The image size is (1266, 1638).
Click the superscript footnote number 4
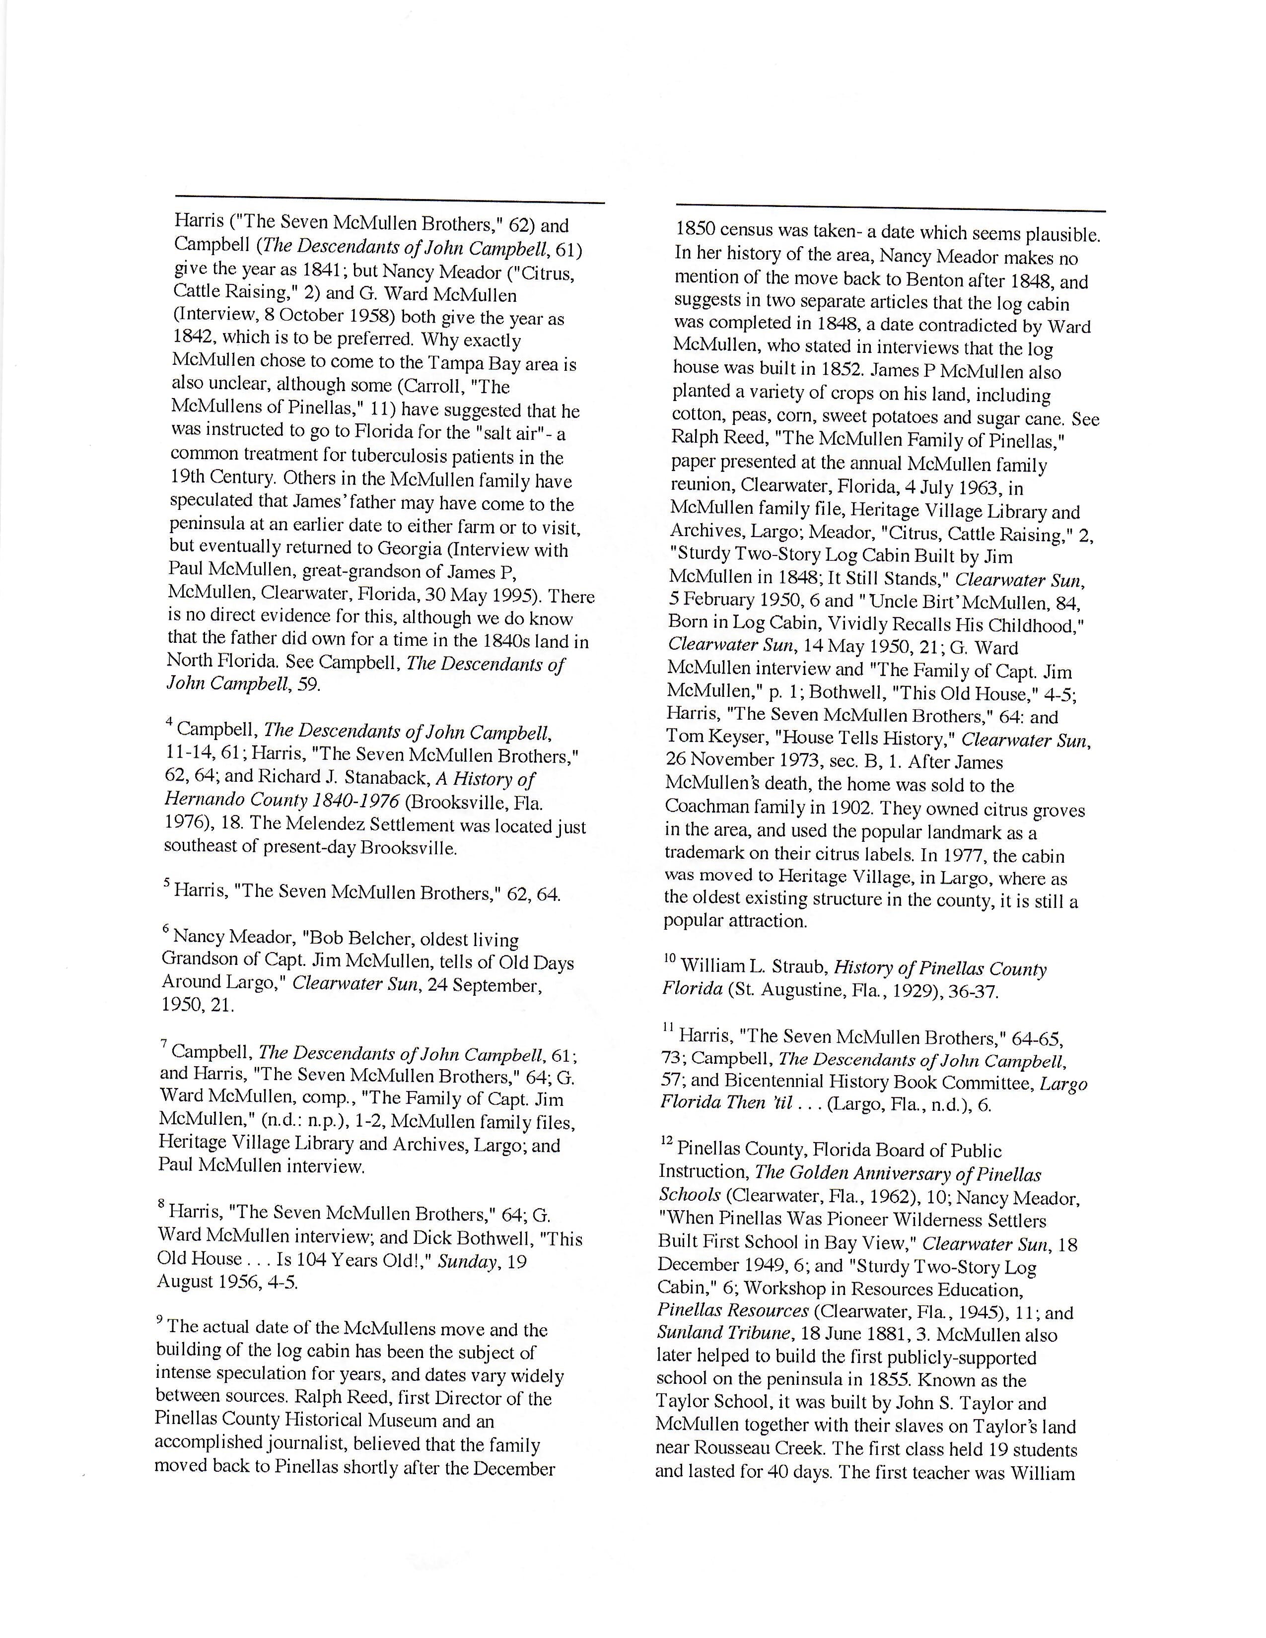[169, 722]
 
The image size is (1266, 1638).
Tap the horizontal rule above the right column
[890, 209]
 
